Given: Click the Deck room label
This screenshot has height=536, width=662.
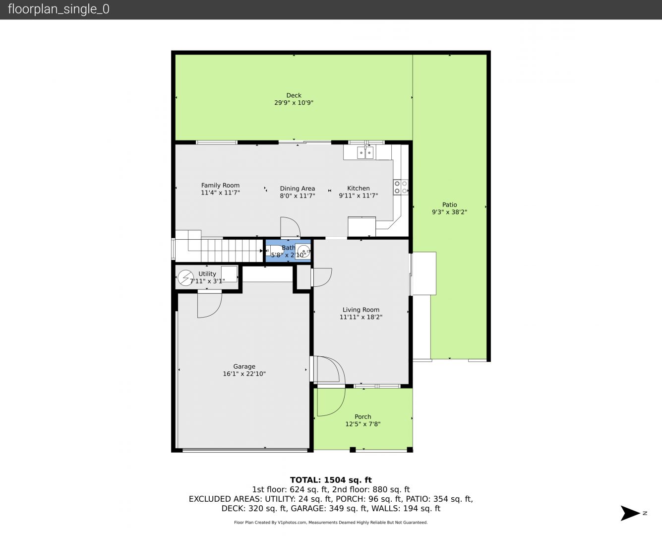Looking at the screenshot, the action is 294,95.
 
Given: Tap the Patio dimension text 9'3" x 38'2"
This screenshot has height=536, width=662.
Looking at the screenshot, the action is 449,212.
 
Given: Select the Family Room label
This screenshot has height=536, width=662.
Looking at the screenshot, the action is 220,186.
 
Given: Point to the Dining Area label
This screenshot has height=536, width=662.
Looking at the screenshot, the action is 298,189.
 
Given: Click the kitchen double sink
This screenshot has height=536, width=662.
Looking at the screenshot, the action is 365,152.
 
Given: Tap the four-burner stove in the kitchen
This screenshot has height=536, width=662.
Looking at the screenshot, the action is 401,187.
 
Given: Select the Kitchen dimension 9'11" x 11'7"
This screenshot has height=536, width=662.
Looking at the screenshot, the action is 359,196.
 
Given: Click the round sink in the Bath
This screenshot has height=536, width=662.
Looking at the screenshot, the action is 303,251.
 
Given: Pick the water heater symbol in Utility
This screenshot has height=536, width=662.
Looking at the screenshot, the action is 185,277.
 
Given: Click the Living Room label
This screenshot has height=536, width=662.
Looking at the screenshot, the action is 361,310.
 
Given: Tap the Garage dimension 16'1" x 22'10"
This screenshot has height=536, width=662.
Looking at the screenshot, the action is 244,374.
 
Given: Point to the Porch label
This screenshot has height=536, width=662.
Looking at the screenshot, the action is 362,417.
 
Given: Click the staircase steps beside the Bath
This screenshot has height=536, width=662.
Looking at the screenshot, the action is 232,250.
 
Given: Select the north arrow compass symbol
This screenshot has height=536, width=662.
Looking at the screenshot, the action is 630,513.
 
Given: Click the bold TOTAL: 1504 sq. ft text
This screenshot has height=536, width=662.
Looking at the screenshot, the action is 331,480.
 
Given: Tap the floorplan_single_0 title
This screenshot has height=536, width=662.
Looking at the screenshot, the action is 59,9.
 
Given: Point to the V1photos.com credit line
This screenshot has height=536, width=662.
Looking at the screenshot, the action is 331,523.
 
